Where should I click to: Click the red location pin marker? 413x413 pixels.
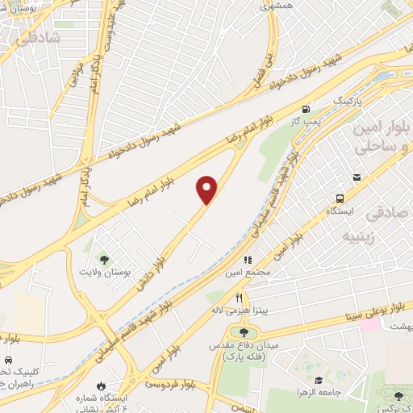point(207,190)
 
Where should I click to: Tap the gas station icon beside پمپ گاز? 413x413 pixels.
point(305,109)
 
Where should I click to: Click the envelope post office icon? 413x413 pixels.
point(357,177)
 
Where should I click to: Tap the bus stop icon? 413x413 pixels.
point(340,198)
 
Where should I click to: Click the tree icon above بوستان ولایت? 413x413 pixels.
point(103,259)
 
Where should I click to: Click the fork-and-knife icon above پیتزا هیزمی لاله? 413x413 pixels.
point(239,298)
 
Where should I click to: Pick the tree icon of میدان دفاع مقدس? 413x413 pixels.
point(244,331)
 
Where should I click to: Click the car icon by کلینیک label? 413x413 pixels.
point(7,358)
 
